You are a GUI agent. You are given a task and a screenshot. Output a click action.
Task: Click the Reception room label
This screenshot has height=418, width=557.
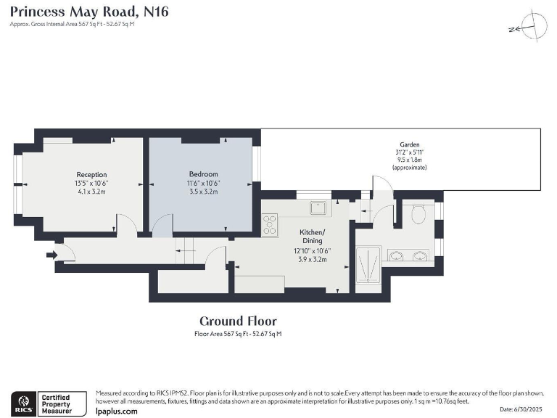[92, 175]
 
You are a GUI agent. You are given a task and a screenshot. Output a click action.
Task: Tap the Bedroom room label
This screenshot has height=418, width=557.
[203, 174]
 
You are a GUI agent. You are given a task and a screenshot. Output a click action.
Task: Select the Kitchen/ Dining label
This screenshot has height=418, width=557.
[313, 237]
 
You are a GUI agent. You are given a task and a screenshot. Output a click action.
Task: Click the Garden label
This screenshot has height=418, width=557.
[409, 144]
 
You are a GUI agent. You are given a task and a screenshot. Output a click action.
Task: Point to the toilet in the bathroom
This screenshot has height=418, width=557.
[417, 214]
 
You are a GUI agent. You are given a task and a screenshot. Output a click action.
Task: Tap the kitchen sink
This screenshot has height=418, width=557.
[317, 208]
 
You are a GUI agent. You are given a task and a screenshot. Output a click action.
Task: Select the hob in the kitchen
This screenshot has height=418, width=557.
[271, 225]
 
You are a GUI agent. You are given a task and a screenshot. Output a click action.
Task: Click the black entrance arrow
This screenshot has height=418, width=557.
[51, 255]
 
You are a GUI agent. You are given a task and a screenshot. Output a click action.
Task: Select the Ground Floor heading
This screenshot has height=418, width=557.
[238, 321]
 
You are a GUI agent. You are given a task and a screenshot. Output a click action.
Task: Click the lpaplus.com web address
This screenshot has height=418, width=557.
[116, 411]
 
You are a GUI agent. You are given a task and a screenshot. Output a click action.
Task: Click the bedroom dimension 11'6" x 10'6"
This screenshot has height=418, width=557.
[203, 183]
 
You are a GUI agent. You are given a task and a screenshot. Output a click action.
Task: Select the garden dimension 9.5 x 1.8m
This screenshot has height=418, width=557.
[409, 160]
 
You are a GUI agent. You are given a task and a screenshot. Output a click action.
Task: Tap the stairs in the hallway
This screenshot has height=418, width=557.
[186, 252]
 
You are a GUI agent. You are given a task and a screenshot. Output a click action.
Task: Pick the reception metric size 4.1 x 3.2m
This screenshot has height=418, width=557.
[92, 192]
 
